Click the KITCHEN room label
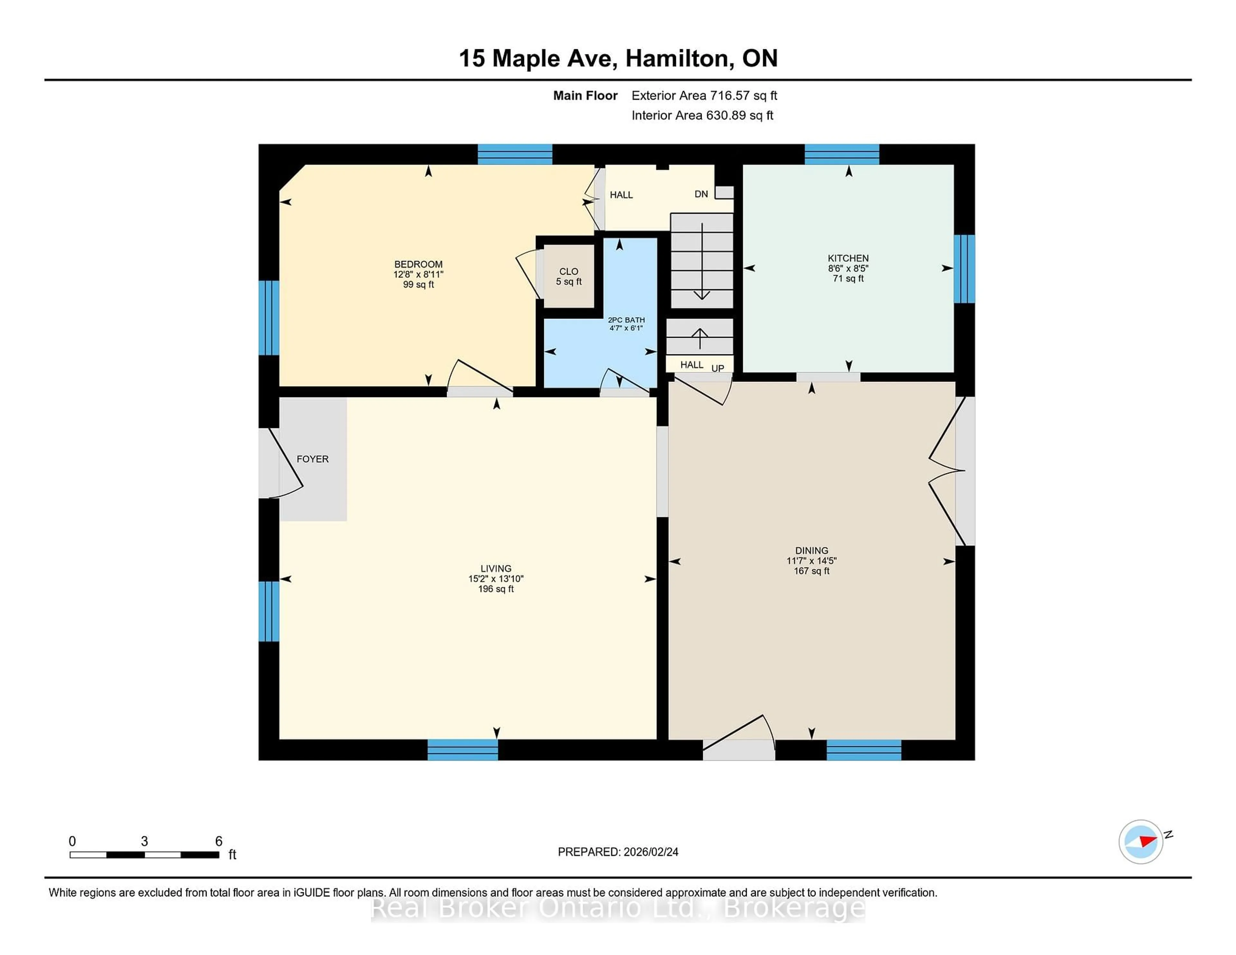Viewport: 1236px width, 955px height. coord(848,258)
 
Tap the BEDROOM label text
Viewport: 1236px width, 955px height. coord(418,264)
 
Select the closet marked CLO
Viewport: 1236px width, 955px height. coord(568,276)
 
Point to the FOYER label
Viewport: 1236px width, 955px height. coord(313,459)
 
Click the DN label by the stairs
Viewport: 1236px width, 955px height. coord(701,194)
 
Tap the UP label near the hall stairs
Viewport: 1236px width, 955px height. coord(717,368)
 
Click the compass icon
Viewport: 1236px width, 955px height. coord(1140,841)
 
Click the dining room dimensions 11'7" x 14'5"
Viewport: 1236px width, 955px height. coord(811,561)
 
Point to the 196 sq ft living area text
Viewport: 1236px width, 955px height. coord(496,589)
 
